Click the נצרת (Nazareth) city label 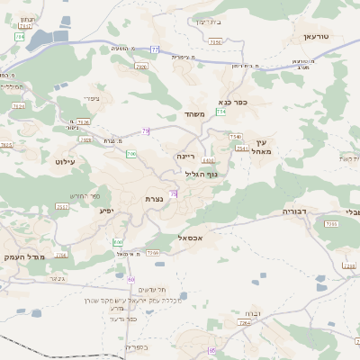pos(152,198)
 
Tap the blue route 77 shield pos(155,49)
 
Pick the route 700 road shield pos(131,154)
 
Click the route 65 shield pos(211,350)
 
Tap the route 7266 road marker pos(154,254)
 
